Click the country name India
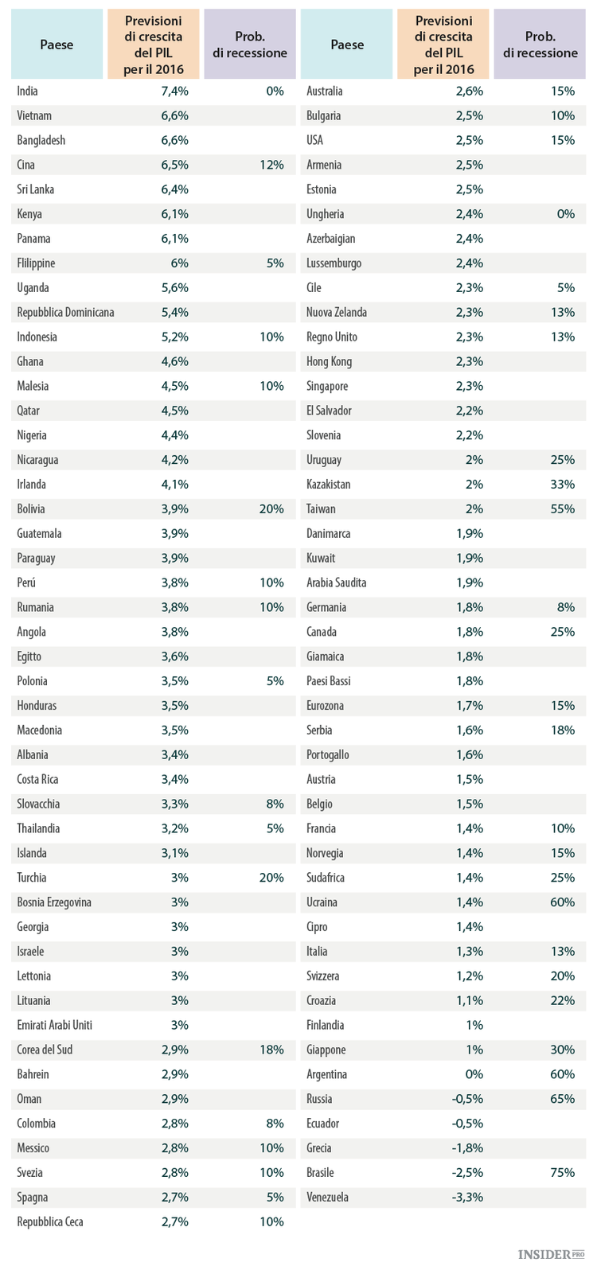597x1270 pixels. [x=28, y=92]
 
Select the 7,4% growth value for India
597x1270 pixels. [x=175, y=92]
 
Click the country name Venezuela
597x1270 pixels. [x=327, y=1198]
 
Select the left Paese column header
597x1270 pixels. [x=57, y=45]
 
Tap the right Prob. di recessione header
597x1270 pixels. [x=540, y=45]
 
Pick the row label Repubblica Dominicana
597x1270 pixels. [x=65, y=313]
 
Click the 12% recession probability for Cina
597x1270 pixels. [x=271, y=166]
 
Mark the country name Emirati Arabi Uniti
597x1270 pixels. [x=55, y=1025]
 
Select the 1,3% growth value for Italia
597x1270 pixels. [x=470, y=952]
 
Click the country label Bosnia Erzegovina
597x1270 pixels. [x=54, y=902]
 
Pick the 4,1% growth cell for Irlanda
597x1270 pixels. [x=175, y=485]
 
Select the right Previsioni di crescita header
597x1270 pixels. [x=443, y=45]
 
